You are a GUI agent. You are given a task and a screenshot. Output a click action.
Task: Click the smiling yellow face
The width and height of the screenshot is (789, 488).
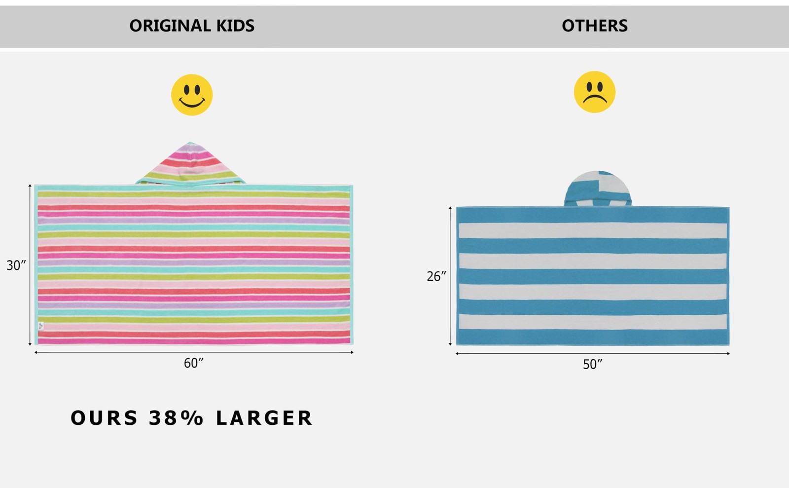tap(192, 95)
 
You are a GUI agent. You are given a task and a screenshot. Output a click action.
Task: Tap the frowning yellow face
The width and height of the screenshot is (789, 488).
tap(595, 92)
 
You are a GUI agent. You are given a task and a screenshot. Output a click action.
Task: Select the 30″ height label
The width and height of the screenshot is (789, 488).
tap(16, 265)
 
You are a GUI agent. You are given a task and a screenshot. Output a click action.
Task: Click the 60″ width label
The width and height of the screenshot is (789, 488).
tap(193, 363)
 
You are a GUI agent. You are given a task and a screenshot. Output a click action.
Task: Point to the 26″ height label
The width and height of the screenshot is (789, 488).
tap(436, 276)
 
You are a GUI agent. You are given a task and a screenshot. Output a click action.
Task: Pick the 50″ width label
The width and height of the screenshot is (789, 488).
tap(592, 364)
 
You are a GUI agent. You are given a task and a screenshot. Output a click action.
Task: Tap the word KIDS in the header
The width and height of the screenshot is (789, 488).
tap(235, 26)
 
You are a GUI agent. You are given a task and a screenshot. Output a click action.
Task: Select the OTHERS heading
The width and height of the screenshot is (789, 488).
tap(595, 26)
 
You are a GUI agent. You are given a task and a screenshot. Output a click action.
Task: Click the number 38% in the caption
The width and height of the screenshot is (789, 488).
tap(176, 418)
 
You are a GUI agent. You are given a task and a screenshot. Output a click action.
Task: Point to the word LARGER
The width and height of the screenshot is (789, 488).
tap(264, 418)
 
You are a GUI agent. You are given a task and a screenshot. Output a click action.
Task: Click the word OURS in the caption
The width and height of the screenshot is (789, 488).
tap(104, 418)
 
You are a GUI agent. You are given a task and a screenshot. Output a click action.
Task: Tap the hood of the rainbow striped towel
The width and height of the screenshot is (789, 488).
tap(190, 164)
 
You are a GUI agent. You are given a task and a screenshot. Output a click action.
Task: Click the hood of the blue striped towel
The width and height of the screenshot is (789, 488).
tap(598, 188)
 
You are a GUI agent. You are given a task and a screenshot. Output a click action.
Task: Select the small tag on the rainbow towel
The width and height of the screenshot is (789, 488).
tap(41, 326)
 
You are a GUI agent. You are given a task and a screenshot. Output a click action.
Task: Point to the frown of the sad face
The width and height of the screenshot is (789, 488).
tap(595, 98)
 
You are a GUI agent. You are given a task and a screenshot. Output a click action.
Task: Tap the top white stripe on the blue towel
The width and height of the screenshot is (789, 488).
tap(593, 230)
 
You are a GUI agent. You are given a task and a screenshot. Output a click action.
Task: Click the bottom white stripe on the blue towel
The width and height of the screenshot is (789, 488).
tap(593, 322)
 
